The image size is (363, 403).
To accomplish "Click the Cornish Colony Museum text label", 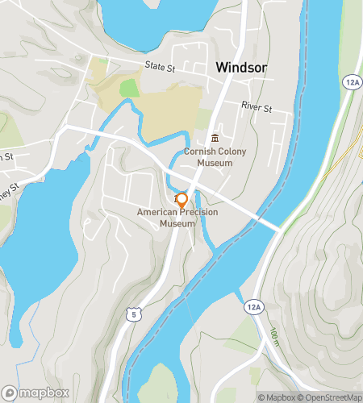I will pyautogui.click(x=208, y=156).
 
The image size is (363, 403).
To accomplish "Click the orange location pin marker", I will pyautogui.click(x=182, y=199).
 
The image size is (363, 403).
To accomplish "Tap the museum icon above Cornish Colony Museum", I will pyautogui.click(x=215, y=139).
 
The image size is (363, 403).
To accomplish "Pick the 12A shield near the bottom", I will pyautogui.click(x=252, y=307).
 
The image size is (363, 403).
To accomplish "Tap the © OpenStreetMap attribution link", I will pyautogui.click(x=329, y=397).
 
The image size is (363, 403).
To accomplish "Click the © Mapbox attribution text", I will pyautogui.click(x=277, y=397).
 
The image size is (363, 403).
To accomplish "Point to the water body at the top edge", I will pyautogui.click(x=161, y=20).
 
